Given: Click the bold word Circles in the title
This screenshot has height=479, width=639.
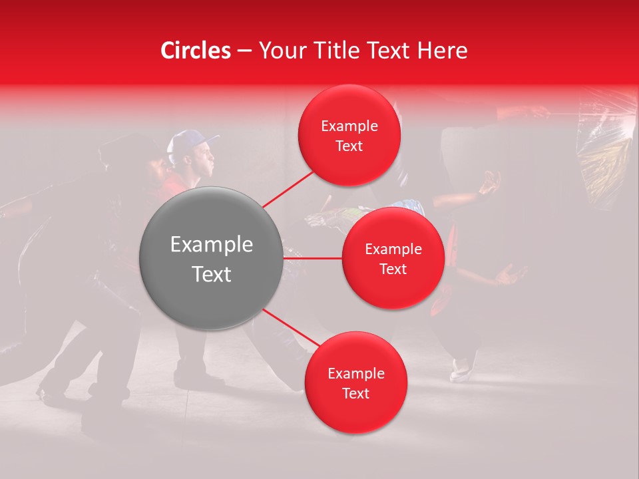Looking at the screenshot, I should point(196,51).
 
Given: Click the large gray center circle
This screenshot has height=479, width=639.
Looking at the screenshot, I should point(212,258).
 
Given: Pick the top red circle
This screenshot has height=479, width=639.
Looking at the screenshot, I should point(349,135).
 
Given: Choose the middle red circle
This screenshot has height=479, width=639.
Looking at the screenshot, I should point(393,258).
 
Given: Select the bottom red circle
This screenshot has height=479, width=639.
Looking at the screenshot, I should point(355,383).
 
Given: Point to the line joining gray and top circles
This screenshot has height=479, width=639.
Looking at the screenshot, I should point(290,189).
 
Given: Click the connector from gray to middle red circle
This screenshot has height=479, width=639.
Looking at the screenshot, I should point(313,257).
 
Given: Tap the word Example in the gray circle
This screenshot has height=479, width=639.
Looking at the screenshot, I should point(212,245).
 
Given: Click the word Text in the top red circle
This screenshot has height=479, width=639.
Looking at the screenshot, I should point(349,146).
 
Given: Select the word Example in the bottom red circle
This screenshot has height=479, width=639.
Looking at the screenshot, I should point(355,373).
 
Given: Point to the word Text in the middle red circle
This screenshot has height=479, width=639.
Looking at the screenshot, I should point(393,269).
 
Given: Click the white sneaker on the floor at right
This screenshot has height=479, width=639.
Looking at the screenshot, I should point(461,369).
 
